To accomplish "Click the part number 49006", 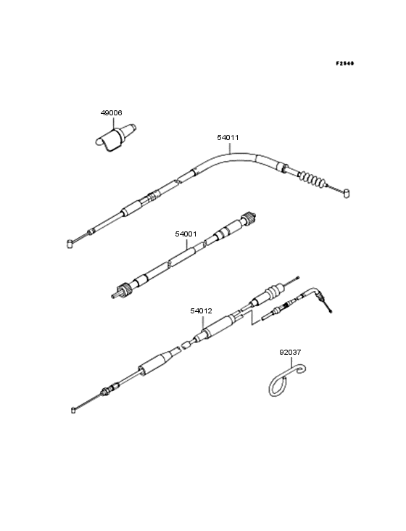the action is tap(111, 112).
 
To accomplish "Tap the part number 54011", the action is tap(228, 138).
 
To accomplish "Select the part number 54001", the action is tap(186, 234).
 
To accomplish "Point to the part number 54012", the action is tap(201, 311).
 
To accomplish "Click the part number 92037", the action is tap(290, 353).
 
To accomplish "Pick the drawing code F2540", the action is tap(345, 63).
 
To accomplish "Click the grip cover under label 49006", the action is tap(115, 138).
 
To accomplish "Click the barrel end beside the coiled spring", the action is tap(346, 194).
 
